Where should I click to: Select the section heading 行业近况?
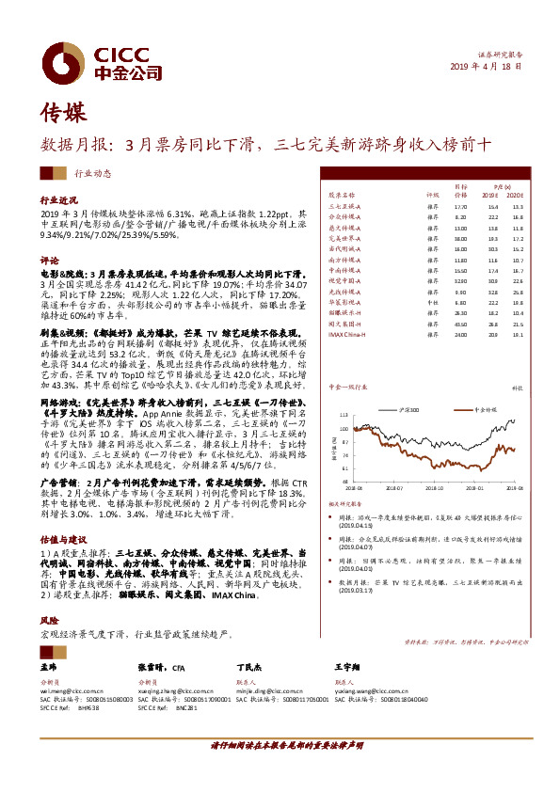[x=56, y=200]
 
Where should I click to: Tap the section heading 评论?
[x=49, y=259]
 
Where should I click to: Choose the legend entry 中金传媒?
[x=481, y=384]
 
